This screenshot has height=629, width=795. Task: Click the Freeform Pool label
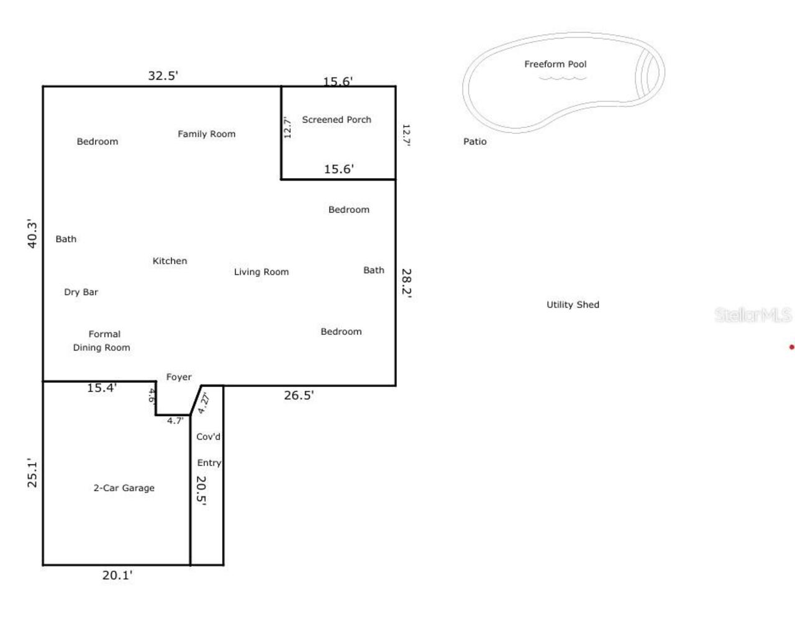tap(555, 64)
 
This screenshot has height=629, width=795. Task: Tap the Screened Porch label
tap(337, 120)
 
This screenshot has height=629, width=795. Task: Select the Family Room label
tap(206, 134)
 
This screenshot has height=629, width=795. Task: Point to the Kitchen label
tap(170, 261)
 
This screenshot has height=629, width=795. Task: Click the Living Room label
tap(261, 272)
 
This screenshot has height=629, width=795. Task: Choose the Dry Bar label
tap(81, 292)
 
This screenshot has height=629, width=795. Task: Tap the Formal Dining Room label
tap(102, 341)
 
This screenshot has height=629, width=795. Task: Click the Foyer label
tap(179, 377)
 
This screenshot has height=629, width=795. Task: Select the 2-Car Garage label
tap(124, 488)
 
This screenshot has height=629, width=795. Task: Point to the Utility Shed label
tap(573, 305)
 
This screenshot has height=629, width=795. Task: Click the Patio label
tap(475, 141)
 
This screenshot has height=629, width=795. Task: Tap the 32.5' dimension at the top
tap(163, 76)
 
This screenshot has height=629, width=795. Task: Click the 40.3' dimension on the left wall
tap(32, 234)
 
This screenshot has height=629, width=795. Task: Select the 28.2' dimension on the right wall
tap(407, 283)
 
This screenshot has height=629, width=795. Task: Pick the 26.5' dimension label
tap(299, 395)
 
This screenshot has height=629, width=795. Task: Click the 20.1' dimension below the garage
tap(117, 575)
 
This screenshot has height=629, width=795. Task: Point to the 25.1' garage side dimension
tap(32, 473)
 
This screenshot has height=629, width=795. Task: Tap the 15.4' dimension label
tap(102, 388)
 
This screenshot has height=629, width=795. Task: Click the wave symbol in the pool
tap(562, 78)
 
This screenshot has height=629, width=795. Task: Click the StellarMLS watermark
tap(753, 315)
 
